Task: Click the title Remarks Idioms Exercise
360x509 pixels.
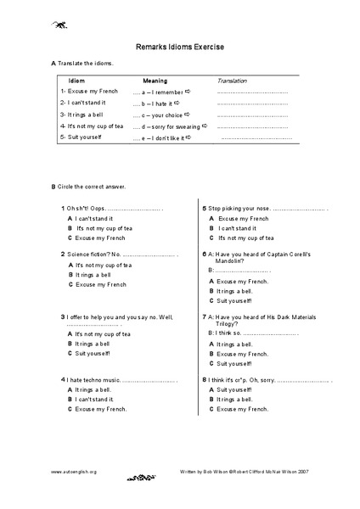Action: pyautogui.click(x=179, y=48)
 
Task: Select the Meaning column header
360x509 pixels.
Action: pyautogui.click(x=155, y=80)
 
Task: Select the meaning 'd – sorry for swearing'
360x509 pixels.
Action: pyautogui.click(x=166, y=126)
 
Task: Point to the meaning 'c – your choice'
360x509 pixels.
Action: pyautogui.click(x=160, y=114)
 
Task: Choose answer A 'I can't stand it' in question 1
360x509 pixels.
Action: pyautogui.click(x=94, y=218)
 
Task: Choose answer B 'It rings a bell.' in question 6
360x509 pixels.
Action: pyautogui.click(x=236, y=291)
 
